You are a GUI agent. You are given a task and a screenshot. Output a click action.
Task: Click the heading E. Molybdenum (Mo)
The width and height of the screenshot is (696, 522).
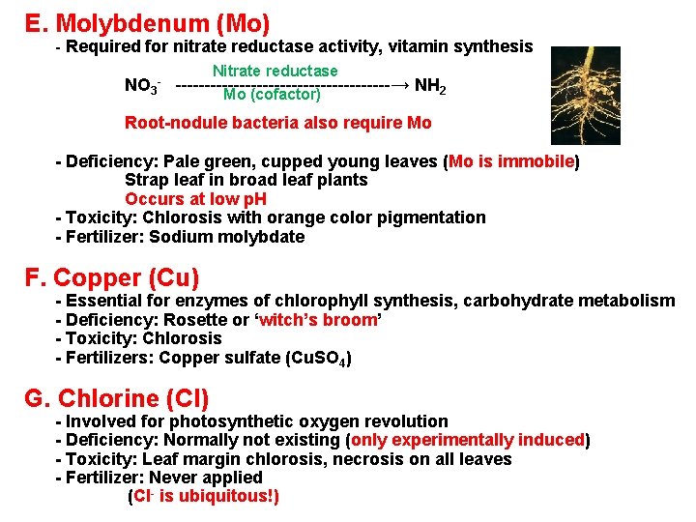click(147, 21)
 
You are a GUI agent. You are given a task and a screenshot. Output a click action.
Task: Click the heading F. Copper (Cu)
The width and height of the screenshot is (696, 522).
click(112, 278)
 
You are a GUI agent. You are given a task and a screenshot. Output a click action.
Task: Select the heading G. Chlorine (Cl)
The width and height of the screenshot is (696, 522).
click(117, 398)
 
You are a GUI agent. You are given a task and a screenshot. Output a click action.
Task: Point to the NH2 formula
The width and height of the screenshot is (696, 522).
click(430, 86)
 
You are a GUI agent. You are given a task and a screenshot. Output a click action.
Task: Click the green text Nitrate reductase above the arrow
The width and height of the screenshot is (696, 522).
click(275, 71)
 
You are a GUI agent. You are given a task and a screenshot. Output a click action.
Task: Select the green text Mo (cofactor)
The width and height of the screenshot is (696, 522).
click(272, 95)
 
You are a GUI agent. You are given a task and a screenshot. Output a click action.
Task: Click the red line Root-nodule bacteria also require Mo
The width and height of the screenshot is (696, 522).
click(278, 123)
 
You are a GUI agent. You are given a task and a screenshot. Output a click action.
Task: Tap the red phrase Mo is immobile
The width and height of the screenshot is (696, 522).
click(511, 161)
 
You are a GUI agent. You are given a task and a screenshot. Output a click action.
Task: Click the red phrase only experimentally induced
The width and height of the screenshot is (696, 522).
click(468, 440)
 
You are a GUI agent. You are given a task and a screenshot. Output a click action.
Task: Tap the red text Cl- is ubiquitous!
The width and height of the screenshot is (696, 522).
click(204, 497)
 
